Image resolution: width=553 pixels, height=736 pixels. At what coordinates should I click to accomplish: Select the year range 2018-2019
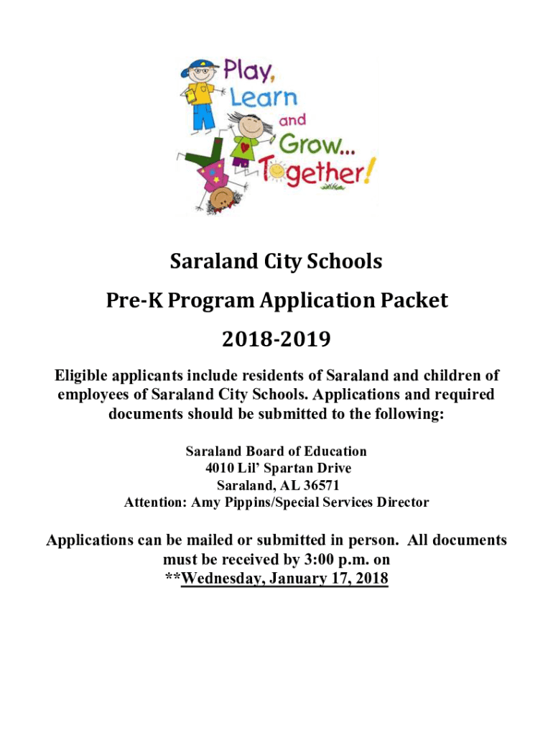point(276,338)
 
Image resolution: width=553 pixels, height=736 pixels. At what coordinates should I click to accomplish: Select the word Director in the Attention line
point(400,502)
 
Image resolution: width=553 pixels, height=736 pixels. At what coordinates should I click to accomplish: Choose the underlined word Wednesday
point(223,578)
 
